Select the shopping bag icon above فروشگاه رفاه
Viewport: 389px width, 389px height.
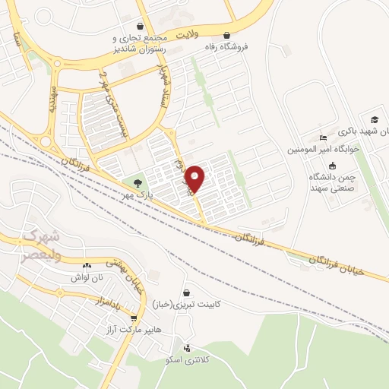[227, 34]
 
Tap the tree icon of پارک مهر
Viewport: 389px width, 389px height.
[138, 183]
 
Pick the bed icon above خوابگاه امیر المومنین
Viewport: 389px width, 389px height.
[324, 138]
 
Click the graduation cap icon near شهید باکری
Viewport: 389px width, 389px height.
[374, 120]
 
